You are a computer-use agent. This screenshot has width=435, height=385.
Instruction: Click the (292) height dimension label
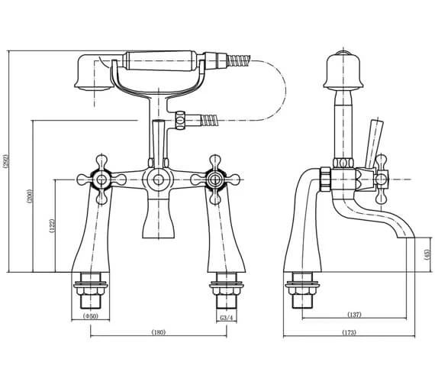point(7,161)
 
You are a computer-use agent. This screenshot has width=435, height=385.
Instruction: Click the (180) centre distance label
point(159,332)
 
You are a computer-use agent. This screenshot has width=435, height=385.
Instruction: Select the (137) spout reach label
point(354,313)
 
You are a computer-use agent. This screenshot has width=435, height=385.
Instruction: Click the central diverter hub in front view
point(157,181)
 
